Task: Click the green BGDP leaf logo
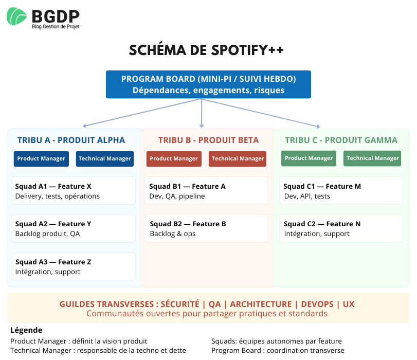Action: pyautogui.click(x=17, y=16)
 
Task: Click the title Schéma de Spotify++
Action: pyautogui.click(x=206, y=50)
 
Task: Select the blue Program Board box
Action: pyautogui.click(x=208, y=84)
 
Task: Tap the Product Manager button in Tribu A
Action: pyautogui.click(x=41, y=158)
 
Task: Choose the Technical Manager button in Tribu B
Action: pyautogui.click(x=238, y=159)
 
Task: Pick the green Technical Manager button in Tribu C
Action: pyautogui.click(x=372, y=158)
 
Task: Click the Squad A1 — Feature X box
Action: pyautogui.click(x=74, y=191)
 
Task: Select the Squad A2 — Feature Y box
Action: pyautogui.click(x=74, y=228)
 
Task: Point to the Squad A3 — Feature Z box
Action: pyautogui.click(x=74, y=266)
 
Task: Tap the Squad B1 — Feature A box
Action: pyautogui.click(x=206, y=191)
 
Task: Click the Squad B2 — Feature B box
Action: pyautogui.click(x=206, y=228)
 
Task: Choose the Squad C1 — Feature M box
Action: pyautogui.click(x=341, y=191)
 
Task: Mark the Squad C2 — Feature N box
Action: pyautogui.click(x=341, y=228)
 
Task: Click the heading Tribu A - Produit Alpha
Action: pyautogui.click(x=71, y=140)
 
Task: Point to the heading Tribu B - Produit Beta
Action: pyautogui.click(x=208, y=140)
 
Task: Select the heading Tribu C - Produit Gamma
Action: pyautogui.click(x=341, y=140)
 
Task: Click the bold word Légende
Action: pyautogui.click(x=26, y=330)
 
